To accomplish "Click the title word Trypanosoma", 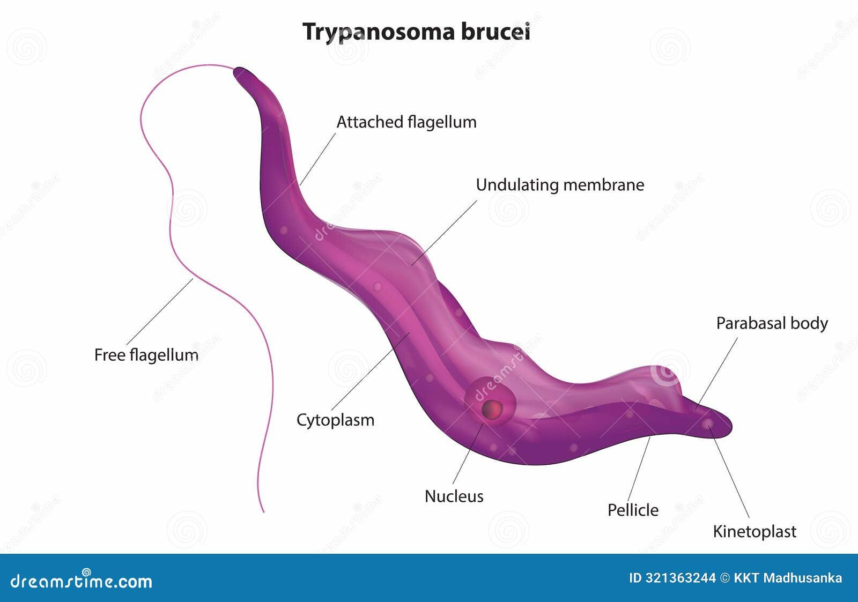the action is coord(379,32).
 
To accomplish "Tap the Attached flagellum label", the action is coord(406,123).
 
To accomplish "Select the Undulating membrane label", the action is coord(560,185).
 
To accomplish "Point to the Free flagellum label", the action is coord(146,355).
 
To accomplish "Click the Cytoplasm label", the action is coord(336,420).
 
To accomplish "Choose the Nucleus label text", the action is coord(454,496).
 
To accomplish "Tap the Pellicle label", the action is coord(633,510).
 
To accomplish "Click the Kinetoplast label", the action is coord(755,532).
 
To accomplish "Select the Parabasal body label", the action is coord(772,324).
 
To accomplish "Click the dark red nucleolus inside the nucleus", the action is coord(492,410).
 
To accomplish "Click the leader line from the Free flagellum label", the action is coord(160,312).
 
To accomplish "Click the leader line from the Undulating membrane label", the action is coord(445,233).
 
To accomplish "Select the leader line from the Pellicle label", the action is coord(639,469).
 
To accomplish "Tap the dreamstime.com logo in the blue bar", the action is coord(81,581).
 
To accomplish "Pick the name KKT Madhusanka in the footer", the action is coord(788,578).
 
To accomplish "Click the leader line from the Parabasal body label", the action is coord(716,373).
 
